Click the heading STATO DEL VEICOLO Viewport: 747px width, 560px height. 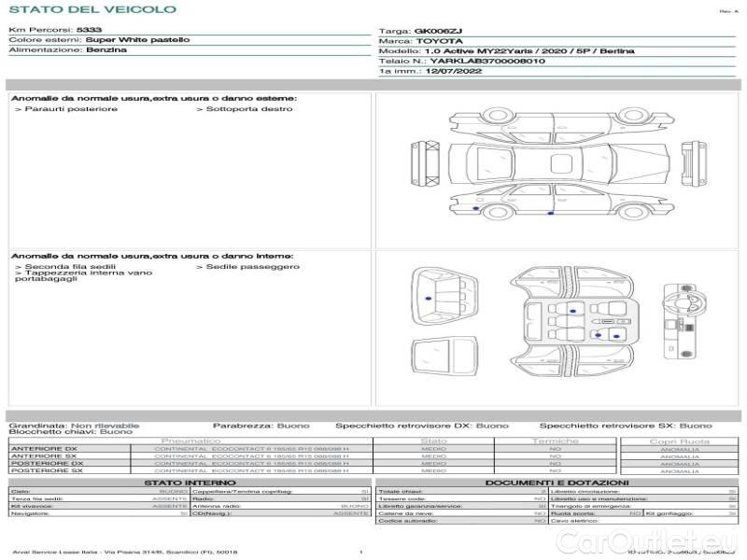tap(92, 10)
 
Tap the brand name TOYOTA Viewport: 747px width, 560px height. tap(437, 42)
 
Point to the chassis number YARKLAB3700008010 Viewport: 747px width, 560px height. tap(487, 61)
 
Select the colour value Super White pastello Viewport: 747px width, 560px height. tap(137, 40)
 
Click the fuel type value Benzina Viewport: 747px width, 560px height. tap(106, 50)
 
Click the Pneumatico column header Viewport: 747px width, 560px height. tap(190, 441)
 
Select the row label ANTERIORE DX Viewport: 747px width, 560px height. tap(44, 449)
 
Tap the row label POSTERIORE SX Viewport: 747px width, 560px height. tap(47, 470)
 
